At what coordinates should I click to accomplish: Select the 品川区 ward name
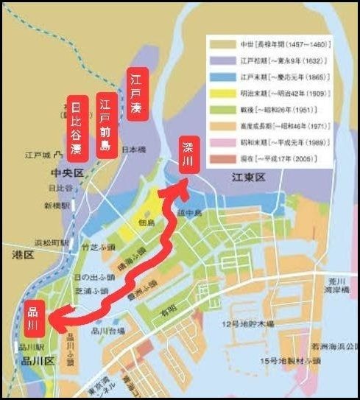point(35,360)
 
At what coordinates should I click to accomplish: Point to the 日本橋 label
point(135,149)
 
